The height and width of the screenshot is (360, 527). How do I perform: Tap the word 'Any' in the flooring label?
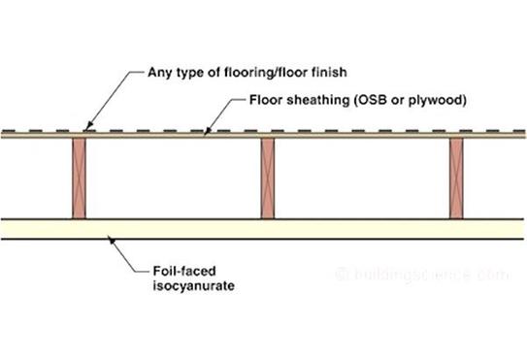click(x=158, y=72)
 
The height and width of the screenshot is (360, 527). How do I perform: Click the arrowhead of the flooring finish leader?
click(x=87, y=127)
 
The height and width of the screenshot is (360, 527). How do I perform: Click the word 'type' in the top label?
click(x=194, y=72)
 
